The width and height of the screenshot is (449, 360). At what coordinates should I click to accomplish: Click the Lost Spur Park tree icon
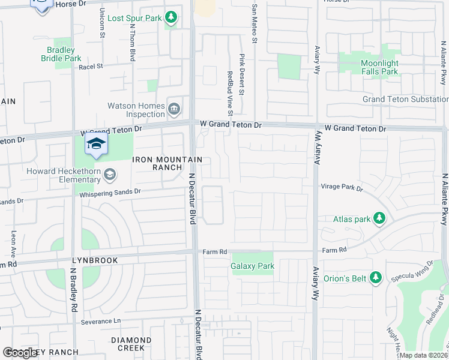(172, 18)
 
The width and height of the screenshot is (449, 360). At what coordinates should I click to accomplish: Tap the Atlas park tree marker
(379, 219)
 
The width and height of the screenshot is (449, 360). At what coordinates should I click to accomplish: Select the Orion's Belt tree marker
(376, 278)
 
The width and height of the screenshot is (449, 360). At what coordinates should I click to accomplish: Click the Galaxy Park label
(252, 266)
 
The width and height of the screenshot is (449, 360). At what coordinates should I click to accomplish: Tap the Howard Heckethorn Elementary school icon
(110, 175)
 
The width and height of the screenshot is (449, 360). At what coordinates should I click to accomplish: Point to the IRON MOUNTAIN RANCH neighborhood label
(167, 163)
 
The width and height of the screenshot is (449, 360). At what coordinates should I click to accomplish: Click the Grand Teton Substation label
(405, 99)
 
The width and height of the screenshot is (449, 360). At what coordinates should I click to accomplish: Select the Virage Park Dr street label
(342, 188)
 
